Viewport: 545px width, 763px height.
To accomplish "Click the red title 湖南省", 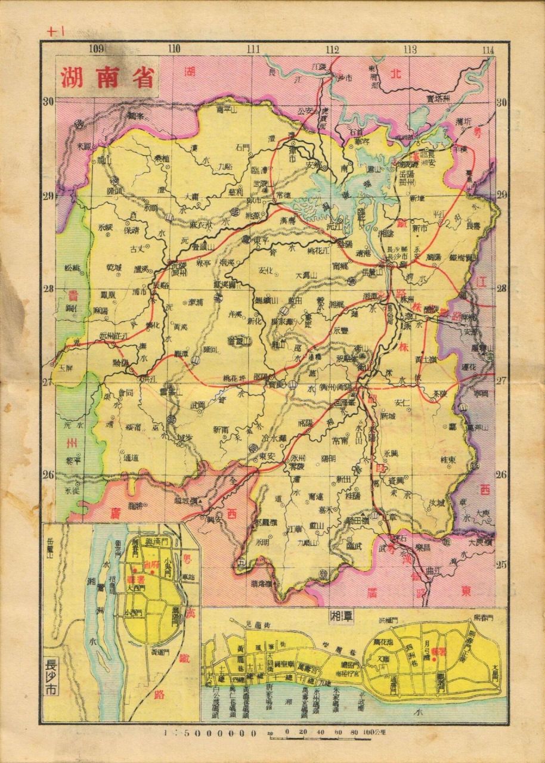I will pos(107,77).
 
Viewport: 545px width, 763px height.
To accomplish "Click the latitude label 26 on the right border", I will pos(501,474).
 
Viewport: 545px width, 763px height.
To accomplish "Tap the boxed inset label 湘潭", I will pos(342,617).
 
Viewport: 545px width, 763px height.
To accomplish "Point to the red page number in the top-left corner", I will pos(55,33).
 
